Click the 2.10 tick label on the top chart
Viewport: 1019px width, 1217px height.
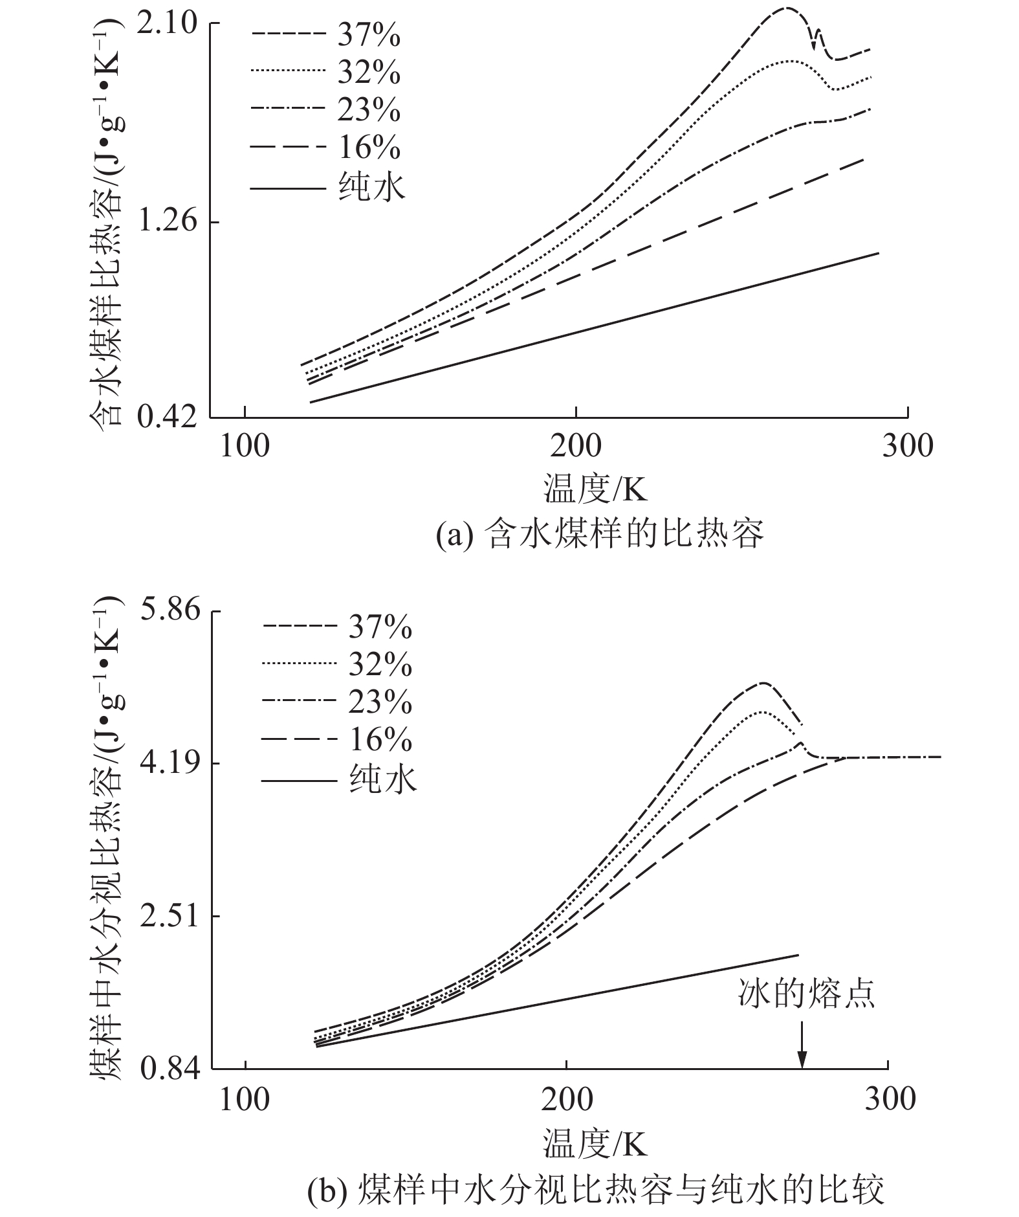(x=166, y=24)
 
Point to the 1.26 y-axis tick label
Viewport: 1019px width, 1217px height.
(x=166, y=222)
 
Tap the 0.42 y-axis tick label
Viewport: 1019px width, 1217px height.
(x=166, y=418)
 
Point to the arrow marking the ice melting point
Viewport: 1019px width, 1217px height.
(x=802, y=1045)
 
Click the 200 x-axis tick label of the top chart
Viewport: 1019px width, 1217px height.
(x=576, y=446)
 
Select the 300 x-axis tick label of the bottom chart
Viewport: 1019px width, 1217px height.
(x=889, y=1099)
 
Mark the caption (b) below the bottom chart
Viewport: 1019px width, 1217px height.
(x=595, y=1190)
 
